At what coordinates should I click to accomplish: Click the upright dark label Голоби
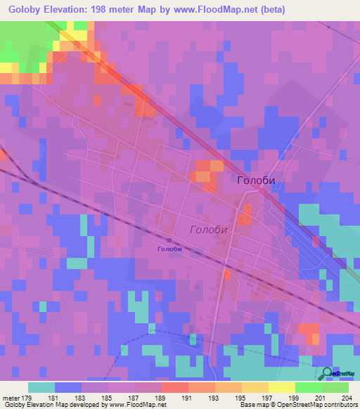(256, 181)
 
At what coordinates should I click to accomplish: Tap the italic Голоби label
(210, 230)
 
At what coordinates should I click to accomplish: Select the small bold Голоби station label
(169, 249)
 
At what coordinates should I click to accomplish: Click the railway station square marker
(169, 240)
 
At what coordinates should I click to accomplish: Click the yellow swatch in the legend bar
(282, 387)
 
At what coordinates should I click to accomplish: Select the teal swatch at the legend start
(41, 387)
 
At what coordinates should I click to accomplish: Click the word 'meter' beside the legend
(12, 398)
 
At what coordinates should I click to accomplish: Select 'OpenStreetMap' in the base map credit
(296, 405)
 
